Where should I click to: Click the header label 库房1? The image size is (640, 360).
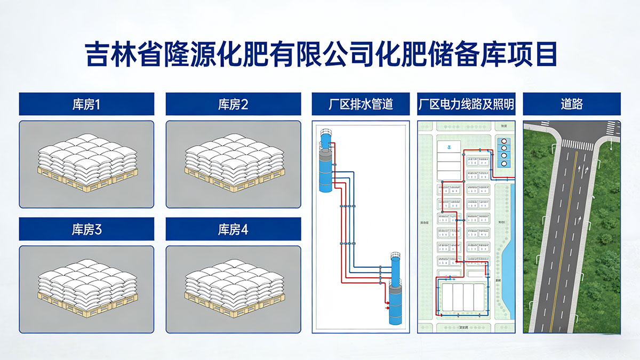86,104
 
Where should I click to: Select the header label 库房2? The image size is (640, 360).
233,104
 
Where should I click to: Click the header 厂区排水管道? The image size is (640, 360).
361,104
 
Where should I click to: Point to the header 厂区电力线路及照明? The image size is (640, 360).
466,104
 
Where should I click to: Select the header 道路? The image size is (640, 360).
571,104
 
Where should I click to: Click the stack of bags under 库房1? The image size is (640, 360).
86,163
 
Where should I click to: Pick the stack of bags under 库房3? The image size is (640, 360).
86,289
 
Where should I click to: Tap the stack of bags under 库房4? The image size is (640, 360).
233,289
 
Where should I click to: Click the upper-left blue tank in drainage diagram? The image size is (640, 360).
326,165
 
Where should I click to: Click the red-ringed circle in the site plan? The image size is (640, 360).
503,141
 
